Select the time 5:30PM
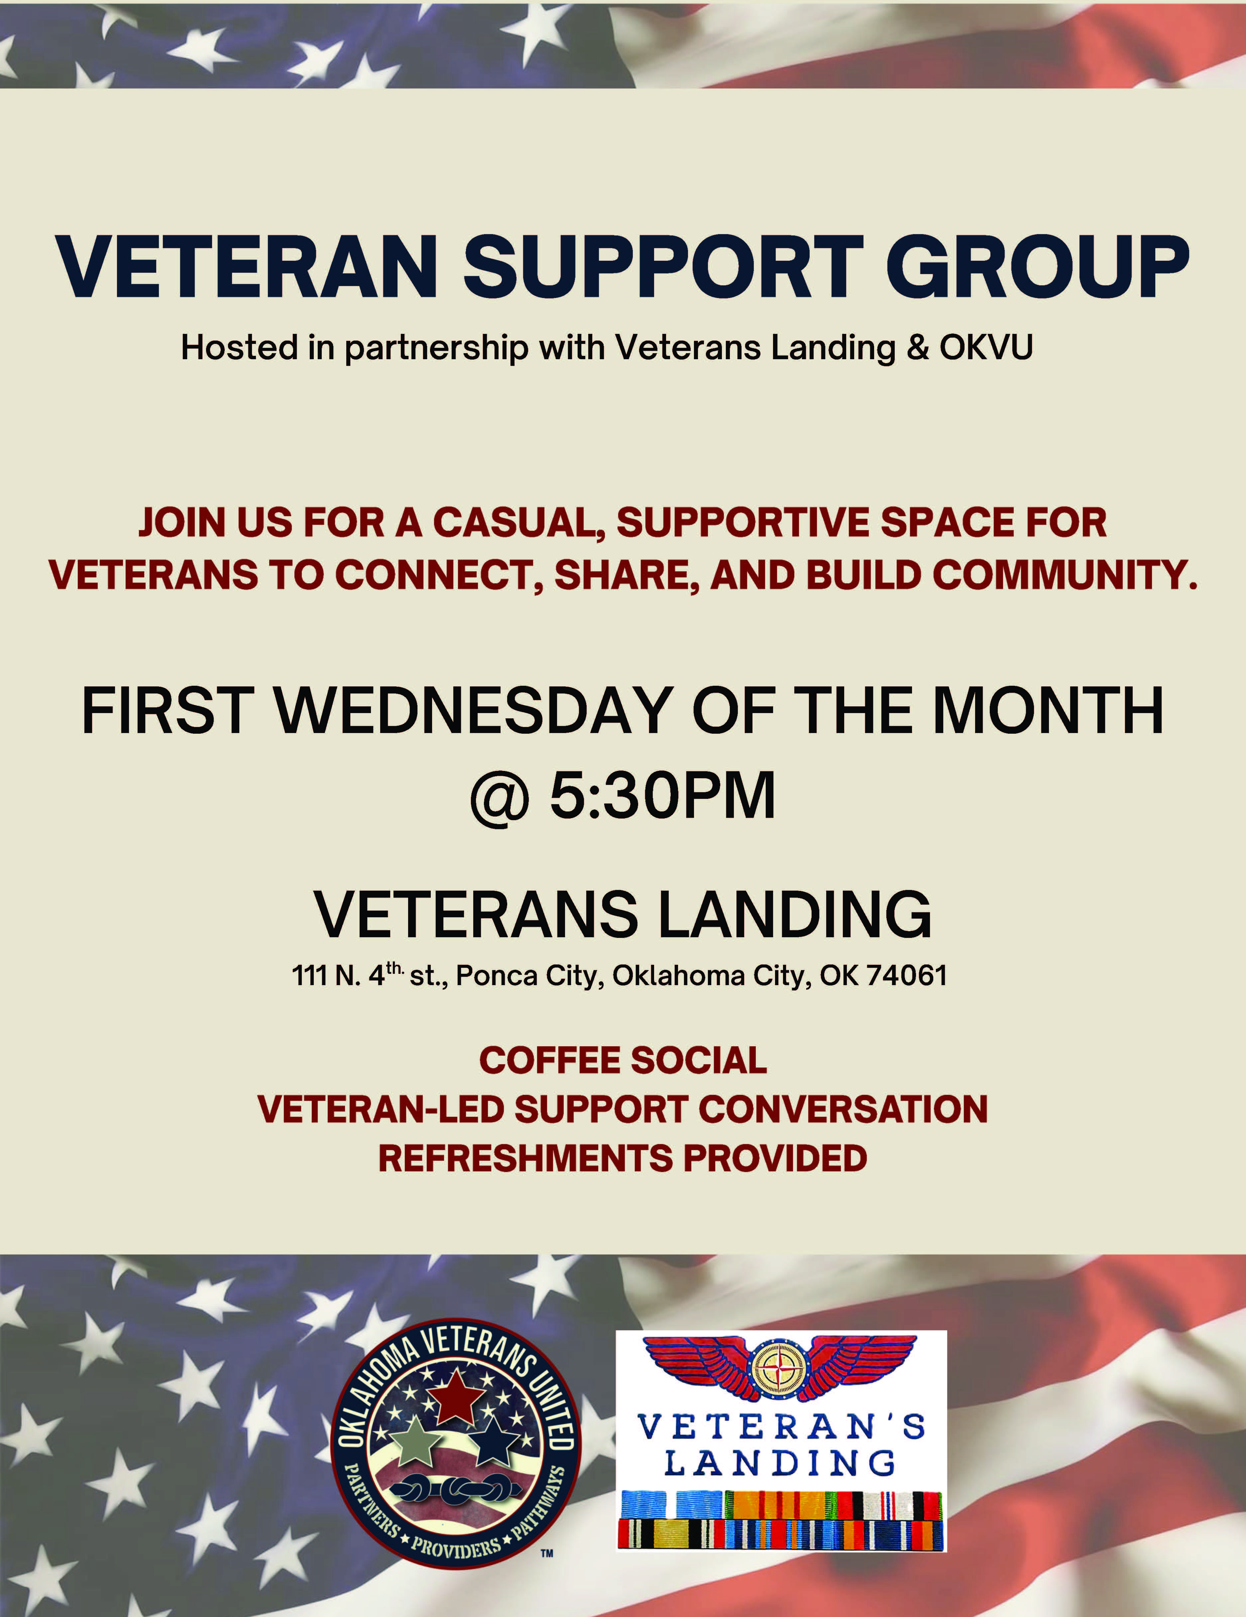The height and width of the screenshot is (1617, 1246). [x=662, y=796]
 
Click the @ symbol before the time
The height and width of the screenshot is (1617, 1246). [x=500, y=798]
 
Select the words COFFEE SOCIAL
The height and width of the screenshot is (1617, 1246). [x=623, y=1060]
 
